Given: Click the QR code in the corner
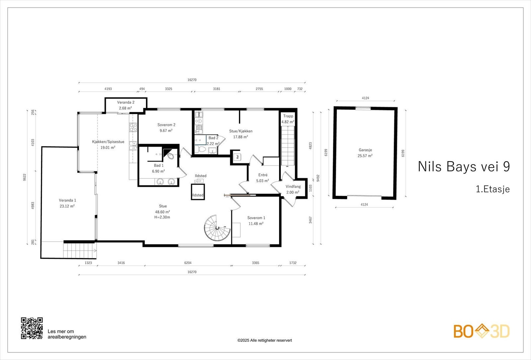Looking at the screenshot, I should pos(32,328).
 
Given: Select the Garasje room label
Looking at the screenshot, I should pos(365,150).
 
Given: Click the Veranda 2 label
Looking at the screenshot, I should pos(125,103).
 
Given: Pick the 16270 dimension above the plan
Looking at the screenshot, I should pos(192,80).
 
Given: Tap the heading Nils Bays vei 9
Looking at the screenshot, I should pos(464,167).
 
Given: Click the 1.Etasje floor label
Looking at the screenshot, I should pos(493,189).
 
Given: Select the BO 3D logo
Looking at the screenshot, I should pos(482,331).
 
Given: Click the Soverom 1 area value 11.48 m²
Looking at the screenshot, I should pos(256,224).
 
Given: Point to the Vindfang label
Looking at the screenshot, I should pos(293,186).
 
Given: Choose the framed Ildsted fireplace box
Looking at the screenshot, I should pos(198,192).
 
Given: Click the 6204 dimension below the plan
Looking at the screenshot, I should pos(188,263).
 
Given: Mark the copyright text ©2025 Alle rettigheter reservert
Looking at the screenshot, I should pos(265,340).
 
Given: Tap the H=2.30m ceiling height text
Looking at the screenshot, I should pos(162,217).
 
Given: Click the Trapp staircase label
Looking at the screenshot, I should pos(288,116).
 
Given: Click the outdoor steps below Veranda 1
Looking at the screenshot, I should pos(80,251).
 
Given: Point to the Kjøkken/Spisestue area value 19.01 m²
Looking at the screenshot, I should pos(108,147).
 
